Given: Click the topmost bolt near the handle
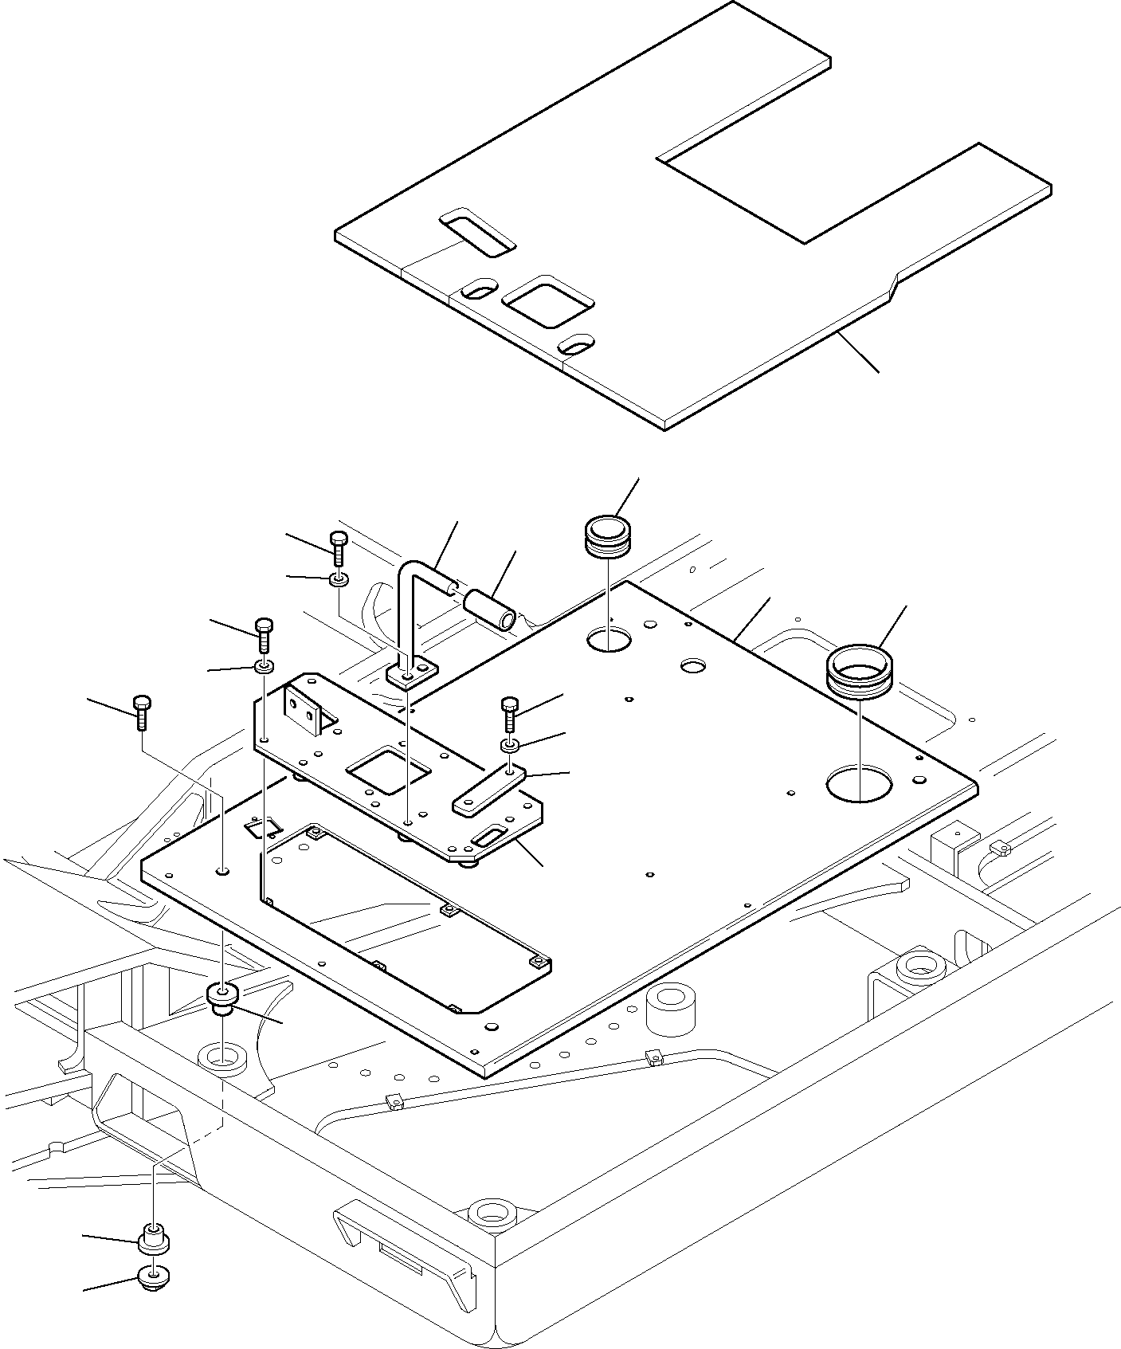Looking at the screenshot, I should [339, 547].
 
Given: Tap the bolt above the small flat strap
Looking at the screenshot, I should [510, 714].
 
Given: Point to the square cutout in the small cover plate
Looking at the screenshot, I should [388, 770].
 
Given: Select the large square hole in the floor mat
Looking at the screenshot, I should [548, 302].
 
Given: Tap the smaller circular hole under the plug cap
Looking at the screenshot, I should [609, 639].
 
